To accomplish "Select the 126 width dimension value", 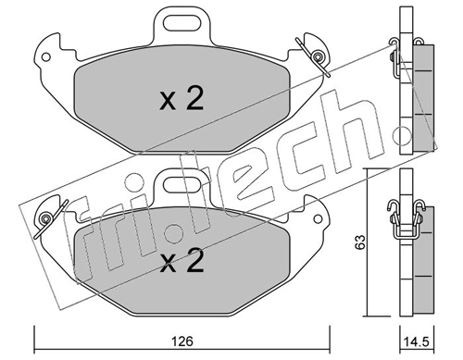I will pyautogui.click(x=181, y=340).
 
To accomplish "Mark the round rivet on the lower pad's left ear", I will pyautogui.click(x=44, y=219).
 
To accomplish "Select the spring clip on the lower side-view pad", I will pyautogui.click(x=402, y=217).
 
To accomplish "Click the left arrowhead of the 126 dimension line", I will pyautogui.click(x=38, y=329).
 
